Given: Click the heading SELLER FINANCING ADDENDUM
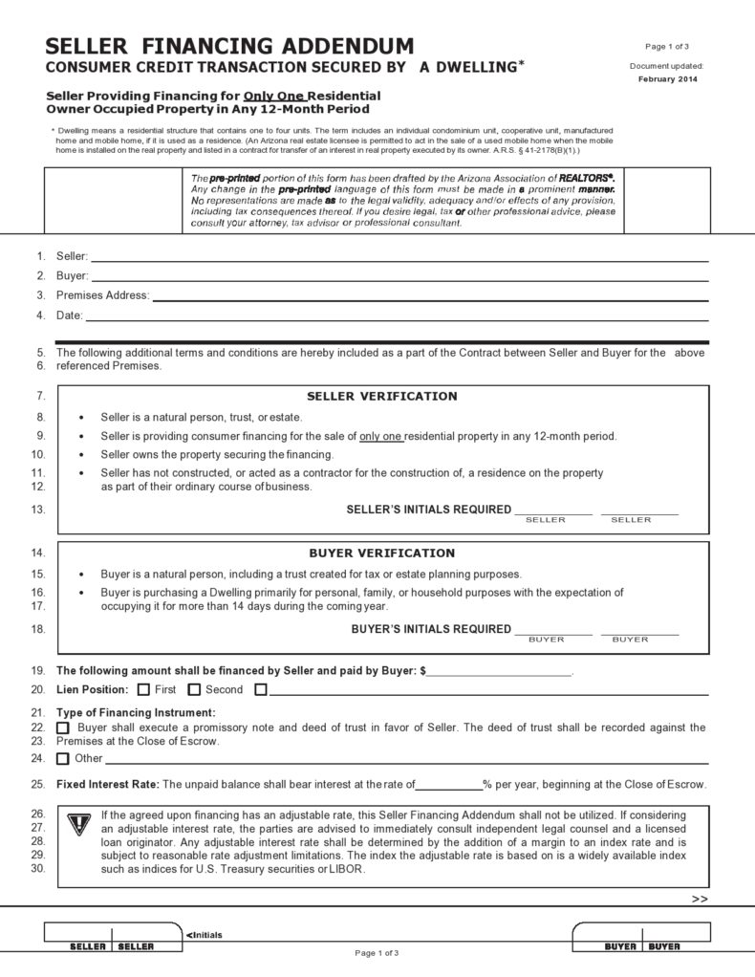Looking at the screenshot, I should click(x=230, y=46).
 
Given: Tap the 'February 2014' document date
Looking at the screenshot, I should click(x=667, y=79).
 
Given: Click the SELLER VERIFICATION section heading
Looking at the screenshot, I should click(x=381, y=396).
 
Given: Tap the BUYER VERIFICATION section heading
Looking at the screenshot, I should click(x=381, y=553).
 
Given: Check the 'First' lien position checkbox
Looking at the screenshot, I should click(x=143, y=689).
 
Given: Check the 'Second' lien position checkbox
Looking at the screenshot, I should click(x=194, y=689).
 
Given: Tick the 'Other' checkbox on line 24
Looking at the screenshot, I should click(x=63, y=759).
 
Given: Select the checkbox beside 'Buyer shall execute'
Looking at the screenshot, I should click(x=63, y=728).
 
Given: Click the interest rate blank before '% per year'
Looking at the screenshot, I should click(x=448, y=785).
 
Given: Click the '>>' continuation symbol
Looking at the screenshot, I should click(x=699, y=900).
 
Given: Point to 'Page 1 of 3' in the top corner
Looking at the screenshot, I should click(x=667, y=46).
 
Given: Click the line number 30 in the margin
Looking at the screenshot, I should click(x=38, y=869).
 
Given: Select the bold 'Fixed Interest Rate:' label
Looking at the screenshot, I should click(x=107, y=785).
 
